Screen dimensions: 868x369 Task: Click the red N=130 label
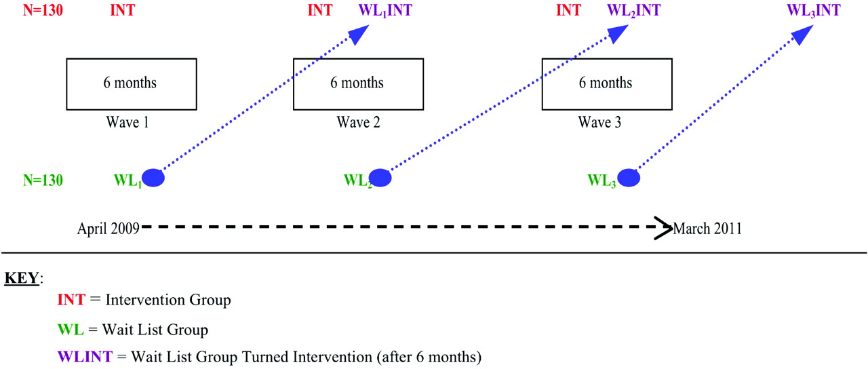(x=43, y=10)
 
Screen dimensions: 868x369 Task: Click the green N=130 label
(x=43, y=180)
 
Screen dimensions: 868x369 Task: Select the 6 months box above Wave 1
(x=132, y=84)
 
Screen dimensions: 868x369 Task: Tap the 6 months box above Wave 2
(x=359, y=84)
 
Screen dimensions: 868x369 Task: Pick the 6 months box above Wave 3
(x=607, y=84)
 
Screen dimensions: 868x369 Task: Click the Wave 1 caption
(x=127, y=123)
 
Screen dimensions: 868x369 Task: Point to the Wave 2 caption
(x=359, y=123)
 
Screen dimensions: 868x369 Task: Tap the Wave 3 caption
(x=599, y=123)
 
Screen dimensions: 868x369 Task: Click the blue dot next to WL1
(x=153, y=178)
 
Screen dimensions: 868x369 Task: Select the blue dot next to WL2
(x=380, y=178)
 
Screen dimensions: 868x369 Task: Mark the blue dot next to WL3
(x=629, y=178)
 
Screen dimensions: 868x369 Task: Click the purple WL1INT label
(x=385, y=10)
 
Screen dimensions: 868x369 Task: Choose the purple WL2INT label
(x=633, y=10)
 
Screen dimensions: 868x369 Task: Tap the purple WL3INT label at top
(x=813, y=10)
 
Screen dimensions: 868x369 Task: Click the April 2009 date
(x=108, y=229)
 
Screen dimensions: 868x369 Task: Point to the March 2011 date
(x=707, y=229)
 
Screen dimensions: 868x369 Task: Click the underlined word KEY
(x=22, y=278)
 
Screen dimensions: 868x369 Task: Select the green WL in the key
(x=71, y=330)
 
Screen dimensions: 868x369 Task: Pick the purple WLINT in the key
(x=85, y=357)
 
